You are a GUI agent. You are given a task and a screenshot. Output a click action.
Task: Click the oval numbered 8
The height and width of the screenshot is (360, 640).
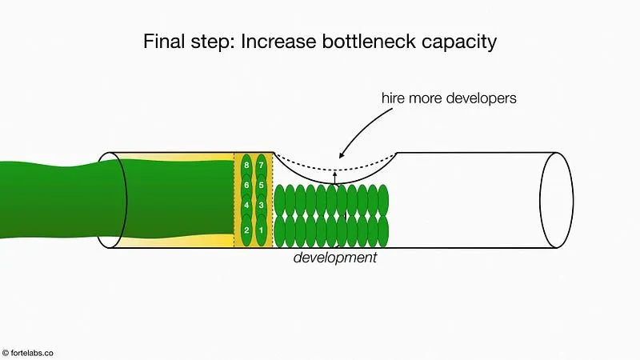[246, 166]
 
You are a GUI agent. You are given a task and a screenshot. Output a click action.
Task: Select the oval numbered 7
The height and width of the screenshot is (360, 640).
[261, 166]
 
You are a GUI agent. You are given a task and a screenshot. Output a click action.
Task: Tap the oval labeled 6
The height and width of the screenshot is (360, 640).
[246, 186]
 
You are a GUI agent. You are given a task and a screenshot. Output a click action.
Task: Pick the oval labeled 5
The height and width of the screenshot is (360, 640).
[261, 186]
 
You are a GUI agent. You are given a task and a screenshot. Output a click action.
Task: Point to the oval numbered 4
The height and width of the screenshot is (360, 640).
[246, 206]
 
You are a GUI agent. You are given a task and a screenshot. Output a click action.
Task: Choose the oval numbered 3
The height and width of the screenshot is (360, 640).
[261, 206]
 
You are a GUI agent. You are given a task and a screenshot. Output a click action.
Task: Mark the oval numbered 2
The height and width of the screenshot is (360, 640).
[246, 230]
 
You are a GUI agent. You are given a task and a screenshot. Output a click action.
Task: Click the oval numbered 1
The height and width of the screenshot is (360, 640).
[261, 230]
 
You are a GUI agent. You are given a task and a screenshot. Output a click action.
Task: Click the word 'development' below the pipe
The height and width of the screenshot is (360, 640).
[334, 258]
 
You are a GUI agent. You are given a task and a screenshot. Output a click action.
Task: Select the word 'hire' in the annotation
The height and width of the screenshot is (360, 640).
[397, 100]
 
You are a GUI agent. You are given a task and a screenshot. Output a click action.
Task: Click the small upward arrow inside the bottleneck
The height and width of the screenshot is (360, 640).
[335, 177]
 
